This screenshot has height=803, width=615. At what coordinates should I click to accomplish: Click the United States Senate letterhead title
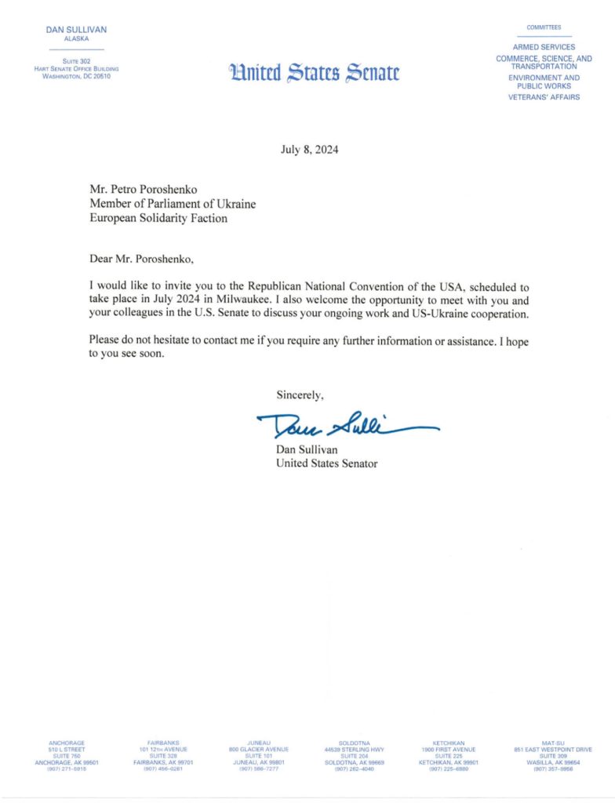click(x=314, y=73)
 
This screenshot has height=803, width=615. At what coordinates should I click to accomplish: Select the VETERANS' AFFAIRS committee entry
click(x=544, y=97)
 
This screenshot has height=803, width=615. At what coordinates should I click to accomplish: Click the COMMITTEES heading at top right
click(x=544, y=27)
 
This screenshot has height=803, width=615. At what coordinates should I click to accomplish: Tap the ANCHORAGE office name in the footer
click(x=66, y=742)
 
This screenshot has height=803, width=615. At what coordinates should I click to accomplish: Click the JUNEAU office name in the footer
click(x=259, y=742)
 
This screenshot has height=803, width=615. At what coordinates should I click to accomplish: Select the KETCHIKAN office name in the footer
click(x=449, y=742)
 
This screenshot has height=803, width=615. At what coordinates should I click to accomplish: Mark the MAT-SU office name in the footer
click(x=553, y=742)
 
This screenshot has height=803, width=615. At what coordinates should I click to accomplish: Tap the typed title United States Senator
click(x=326, y=463)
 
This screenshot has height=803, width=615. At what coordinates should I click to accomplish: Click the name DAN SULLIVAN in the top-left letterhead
click(x=71, y=30)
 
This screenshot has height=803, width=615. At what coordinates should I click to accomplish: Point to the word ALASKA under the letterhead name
click(x=71, y=38)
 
